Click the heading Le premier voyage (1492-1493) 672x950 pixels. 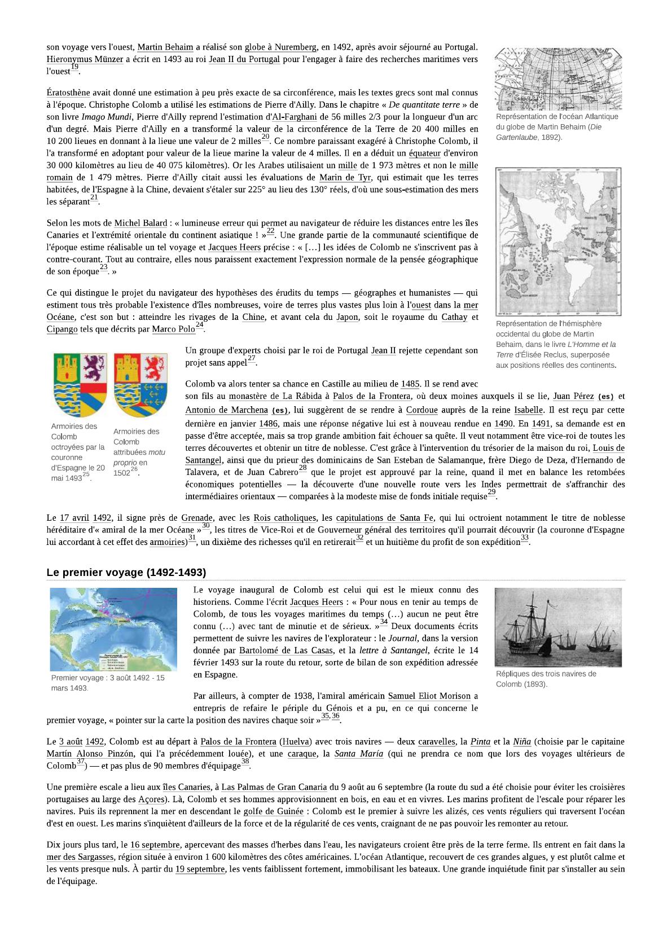[126, 573]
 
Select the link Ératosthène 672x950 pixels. [68, 93]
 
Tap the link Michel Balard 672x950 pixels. [140, 223]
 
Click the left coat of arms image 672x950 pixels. [80, 385]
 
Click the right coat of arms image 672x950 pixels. [140, 385]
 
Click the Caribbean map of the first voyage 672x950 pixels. [113, 629]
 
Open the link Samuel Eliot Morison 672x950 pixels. [429, 696]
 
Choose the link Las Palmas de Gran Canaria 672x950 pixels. [274, 788]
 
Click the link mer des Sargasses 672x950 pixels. [80, 857]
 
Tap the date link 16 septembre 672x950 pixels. [155, 845]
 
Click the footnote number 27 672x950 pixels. [251, 359]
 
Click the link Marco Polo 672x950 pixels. [173, 329]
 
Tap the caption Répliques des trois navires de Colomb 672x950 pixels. [546, 679]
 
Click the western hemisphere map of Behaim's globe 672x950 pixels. [558, 241]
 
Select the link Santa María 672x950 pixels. [358, 754]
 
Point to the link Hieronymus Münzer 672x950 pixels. [85, 59]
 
